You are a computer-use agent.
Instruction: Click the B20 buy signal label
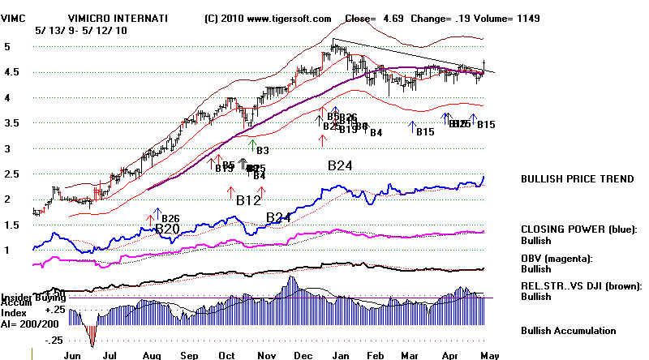167,229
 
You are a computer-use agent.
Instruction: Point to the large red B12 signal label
248,199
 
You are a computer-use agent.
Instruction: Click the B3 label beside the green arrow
262,150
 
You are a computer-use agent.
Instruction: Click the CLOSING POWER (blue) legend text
576,229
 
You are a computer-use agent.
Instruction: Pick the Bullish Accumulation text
569,330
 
